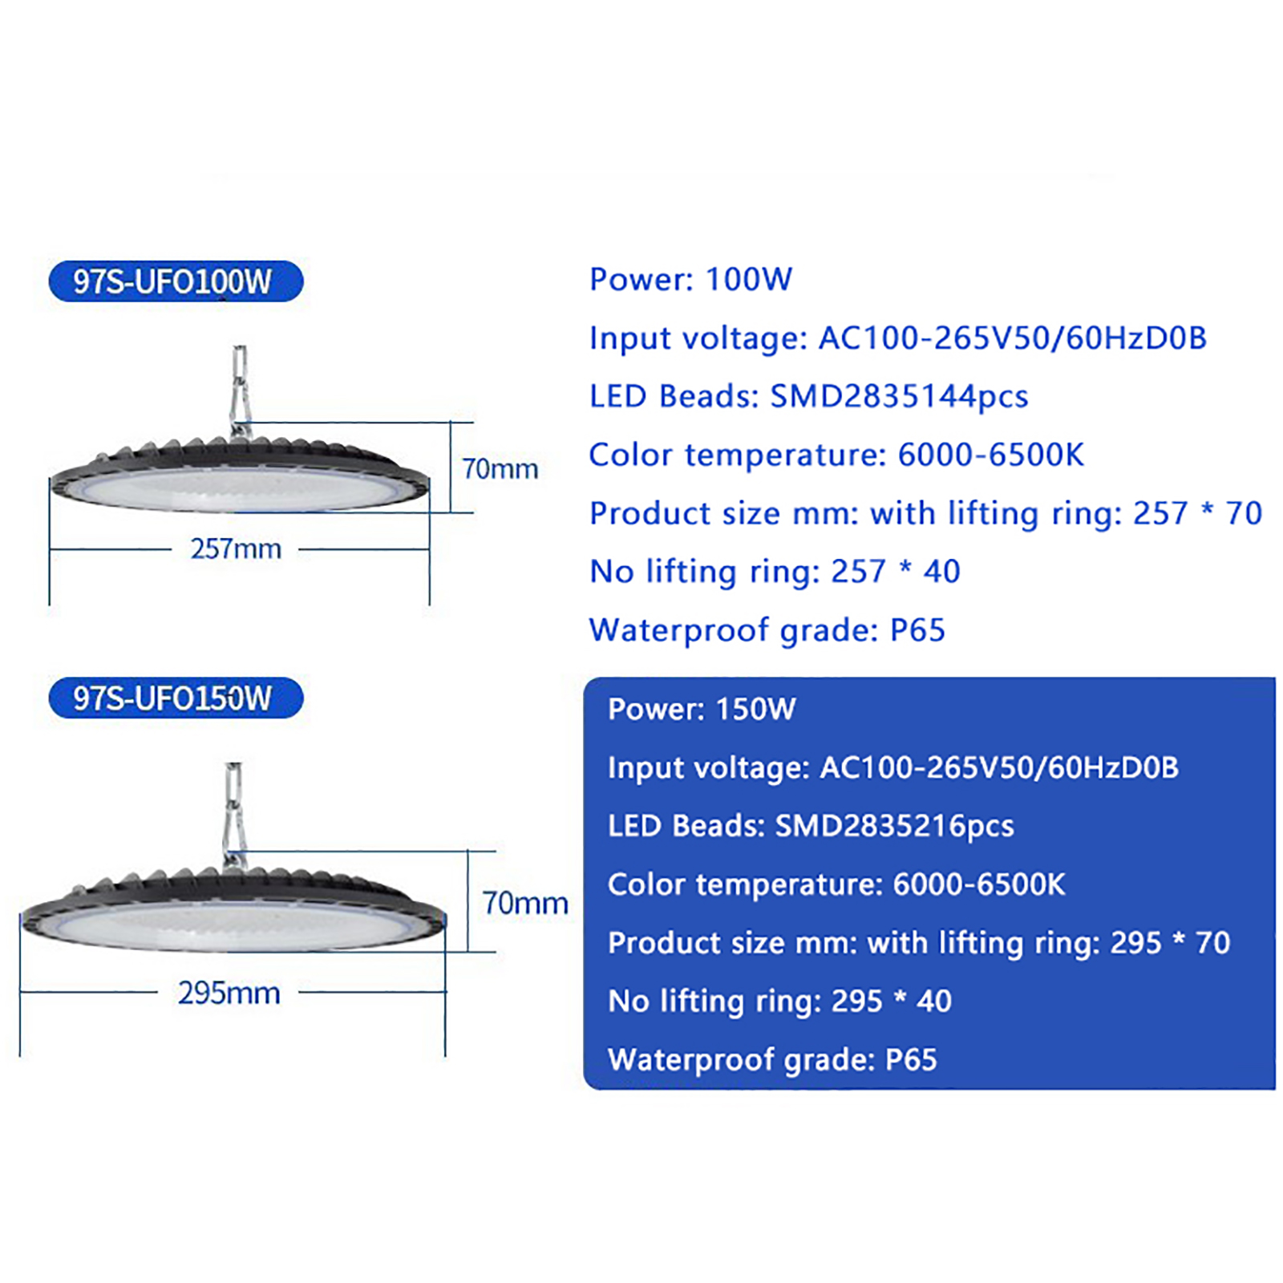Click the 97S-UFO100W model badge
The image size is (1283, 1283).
[176, 281]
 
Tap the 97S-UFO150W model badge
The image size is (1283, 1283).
[176, 698]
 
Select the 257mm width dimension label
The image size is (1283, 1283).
[236, 549]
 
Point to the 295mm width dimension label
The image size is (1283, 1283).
[229, 993]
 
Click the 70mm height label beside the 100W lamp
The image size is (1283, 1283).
[500, 468]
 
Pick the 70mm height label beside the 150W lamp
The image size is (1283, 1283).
[525, 903]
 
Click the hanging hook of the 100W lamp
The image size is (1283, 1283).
[240, 391]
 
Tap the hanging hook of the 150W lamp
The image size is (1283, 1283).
[233, 815]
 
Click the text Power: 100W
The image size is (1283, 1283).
[690, 279]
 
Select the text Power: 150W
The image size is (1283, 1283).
[702, 709]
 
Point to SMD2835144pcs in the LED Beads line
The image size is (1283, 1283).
[899, 396]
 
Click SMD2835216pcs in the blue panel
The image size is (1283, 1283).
[895, 826]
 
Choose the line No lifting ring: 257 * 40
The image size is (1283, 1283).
[775, 572]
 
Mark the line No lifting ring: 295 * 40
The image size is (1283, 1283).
[779, 1002]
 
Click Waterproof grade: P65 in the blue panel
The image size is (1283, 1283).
[772, 1060]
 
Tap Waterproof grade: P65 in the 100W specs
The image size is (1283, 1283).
[767, 630]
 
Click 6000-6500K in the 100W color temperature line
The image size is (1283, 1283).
[990, 455]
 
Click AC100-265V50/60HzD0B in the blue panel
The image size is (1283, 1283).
[999, 767]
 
